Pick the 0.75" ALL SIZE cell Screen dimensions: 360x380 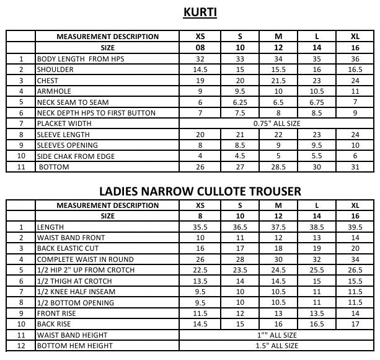276,124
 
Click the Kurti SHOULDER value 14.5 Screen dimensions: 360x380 200,70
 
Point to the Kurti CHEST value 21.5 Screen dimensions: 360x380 278,81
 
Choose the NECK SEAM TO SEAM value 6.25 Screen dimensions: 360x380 239,102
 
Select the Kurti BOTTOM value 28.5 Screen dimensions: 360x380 278,167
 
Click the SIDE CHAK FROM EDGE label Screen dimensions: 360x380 76,156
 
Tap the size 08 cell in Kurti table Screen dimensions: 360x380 200,47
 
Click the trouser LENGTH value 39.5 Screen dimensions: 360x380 355,227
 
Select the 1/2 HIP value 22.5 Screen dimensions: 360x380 200,270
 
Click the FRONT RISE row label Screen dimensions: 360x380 58,313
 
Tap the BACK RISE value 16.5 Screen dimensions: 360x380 317,324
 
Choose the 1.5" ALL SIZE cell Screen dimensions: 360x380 276,346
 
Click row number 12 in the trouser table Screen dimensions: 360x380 21,346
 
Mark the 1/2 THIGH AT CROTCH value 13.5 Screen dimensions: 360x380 200,281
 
